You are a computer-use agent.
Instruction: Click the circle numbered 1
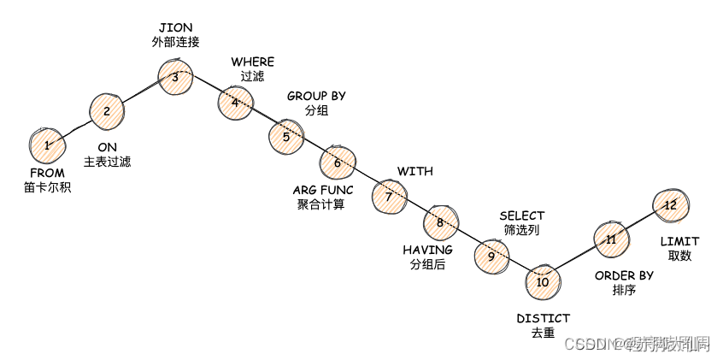click(47, 145)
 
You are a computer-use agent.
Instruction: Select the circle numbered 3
click(175, 77)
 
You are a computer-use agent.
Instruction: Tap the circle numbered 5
click(286, 136)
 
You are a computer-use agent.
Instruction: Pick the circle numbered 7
click(389, 196)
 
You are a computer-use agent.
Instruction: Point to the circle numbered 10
click(543, 281)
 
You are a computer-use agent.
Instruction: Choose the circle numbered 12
click(670, 205)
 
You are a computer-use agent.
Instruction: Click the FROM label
click(47, 173)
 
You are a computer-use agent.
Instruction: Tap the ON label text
click(107, 147)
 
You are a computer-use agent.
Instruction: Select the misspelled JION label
click(175, 27)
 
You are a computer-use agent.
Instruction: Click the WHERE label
click(252, 62)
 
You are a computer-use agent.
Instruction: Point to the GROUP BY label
click(316, 96)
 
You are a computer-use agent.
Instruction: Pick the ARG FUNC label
click(320, 190)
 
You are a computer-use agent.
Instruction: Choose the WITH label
click(415, 171)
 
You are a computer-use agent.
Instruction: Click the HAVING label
click(427, 250)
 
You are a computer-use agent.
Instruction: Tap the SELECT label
click(521, 215)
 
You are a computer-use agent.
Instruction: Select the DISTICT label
click(543, 319)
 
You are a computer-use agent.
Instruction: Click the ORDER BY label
click(624, 275)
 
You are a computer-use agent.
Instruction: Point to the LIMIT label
click(679, 242)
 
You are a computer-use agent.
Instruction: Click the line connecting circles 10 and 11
click(577, 260)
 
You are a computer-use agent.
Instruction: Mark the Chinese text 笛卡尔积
click(47, 186)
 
